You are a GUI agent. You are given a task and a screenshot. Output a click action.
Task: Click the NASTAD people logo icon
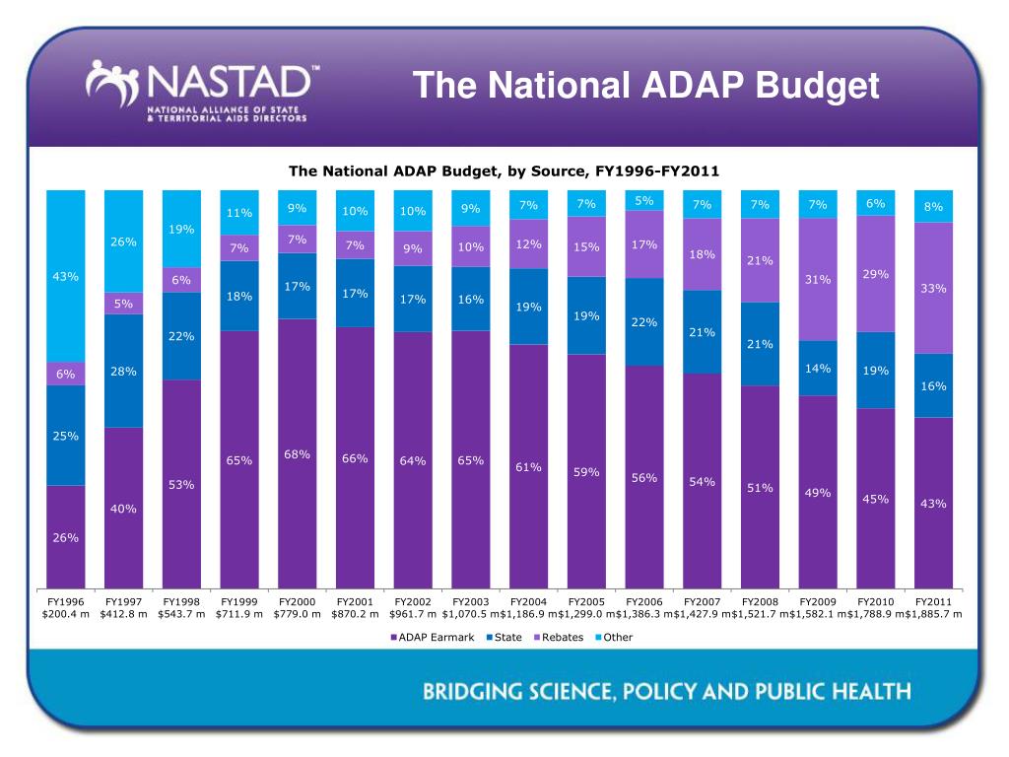pyautogui.click(x=112, y=83)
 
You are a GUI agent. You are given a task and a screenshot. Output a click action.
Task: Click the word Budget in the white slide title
pyautogui.click(x=817, y=87)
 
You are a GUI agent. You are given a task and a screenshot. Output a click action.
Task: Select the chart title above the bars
pyautogui.click(x=504, y=172)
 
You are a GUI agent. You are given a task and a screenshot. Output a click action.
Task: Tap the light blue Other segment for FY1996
pyautogui.click(x=66, y=276)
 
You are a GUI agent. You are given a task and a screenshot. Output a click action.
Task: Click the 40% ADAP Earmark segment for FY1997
pyautogui.click(x=123, y=508)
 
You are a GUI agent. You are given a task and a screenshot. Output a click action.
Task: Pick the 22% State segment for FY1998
pyautogui.click(x=181, y=336)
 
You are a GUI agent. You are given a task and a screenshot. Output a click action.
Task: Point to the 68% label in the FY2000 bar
pyautogui.click(x=297, y=454)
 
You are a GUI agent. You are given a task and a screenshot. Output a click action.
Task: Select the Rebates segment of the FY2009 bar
pyautogui.click(x=818, y=279)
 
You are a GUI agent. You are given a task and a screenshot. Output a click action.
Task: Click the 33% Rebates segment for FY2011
pyautogui.click(x=934, y=288)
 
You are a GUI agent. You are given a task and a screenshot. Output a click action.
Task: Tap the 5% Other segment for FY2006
pyautogui.click(x=644, y=200)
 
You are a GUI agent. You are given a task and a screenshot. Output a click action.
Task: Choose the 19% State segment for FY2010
pyautogui.click(x=876, y=371)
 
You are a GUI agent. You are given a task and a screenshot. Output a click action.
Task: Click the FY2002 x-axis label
pyautogui.click(x=413, y=602)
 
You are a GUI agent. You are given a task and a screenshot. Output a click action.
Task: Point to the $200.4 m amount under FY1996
pyautogui.click(x=66, y=614)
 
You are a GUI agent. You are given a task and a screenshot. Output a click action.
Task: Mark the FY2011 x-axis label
pyautogui.click(x=934, y=602)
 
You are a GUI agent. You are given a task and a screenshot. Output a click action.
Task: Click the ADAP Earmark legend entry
pyautogui.click(x=432, y=638)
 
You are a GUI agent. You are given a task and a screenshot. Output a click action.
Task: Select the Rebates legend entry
pyautogui.click(x=559, y=638)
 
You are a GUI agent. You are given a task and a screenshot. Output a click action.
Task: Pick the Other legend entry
pyautogui.click(x=614, y=638)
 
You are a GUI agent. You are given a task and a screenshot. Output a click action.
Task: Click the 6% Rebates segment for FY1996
pyautogui.click(x=66, y=374)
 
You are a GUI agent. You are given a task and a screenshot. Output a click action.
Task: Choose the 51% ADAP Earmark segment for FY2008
pyautogui.click(x=760, y=487)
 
